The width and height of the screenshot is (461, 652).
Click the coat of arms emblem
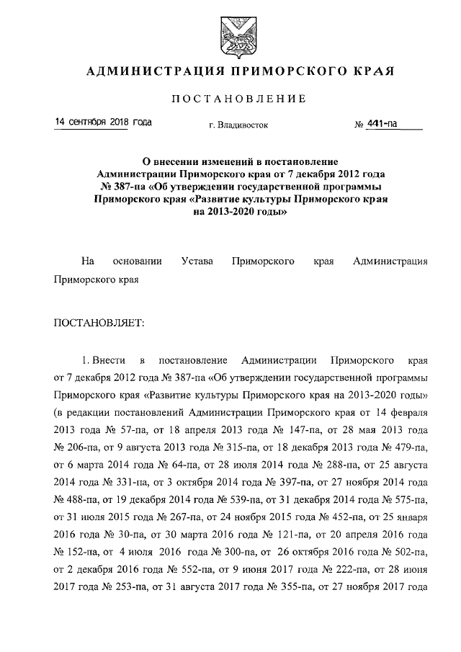point(230,35)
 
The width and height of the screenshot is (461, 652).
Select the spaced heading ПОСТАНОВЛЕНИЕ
point(230,98)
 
